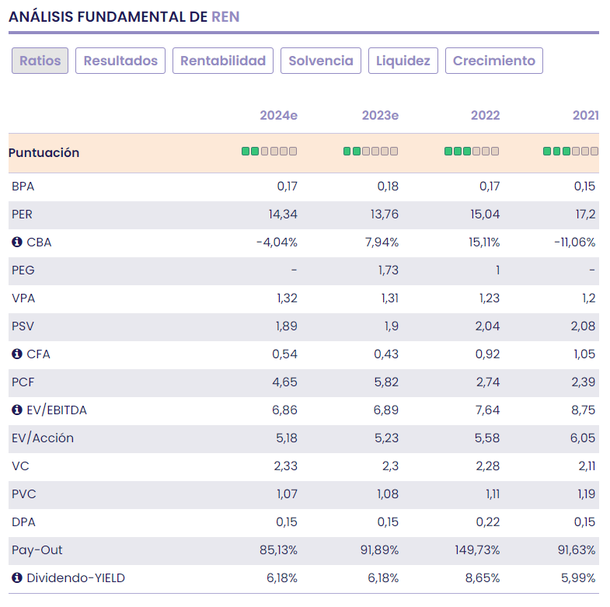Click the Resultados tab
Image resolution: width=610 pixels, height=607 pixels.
pyautogui.click(x=120, y=61)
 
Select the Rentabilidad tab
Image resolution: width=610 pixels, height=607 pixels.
pyautogui.click(x=223, y=61)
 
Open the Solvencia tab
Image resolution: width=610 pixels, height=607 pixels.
pyautogui.click(x=321, y=61)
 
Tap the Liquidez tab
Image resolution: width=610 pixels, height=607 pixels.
pyautogui.click(x=403, y=61)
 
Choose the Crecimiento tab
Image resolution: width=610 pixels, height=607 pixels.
pyautogui.click(x=494, y=61)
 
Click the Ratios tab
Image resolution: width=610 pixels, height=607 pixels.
pyautogui.click(x=40, y=61)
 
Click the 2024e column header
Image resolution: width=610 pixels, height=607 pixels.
pyautogui.click(x=278, y=116)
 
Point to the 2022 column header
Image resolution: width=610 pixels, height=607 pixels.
pyautogui.click(x=485, y=116)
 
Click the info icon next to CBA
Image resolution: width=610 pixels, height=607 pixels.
pyautogui.click(x=17, y=242)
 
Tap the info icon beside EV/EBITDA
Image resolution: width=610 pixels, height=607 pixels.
pyautogui.click(x=17, y=410)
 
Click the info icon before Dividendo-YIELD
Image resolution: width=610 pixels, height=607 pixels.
pyautogui.click(x=17, y=578)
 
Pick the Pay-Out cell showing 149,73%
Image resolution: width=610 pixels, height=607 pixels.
pyautogui.click(x=477, y=550)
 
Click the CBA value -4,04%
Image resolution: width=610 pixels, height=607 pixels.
pyautogui.click(x=277, y=242)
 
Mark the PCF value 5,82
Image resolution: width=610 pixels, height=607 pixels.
pyautogui.click(x=385, y=382)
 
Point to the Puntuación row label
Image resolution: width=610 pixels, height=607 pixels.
pyautogui.click(x=44, y=153)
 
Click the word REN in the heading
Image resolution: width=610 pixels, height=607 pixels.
pyautogui.click(x=226, y=16)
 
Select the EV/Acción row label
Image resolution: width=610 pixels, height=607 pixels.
pyautogui.click(x=43, y=438)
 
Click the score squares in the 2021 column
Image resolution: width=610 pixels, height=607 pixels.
pyautogui.click(x=570, y=152)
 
